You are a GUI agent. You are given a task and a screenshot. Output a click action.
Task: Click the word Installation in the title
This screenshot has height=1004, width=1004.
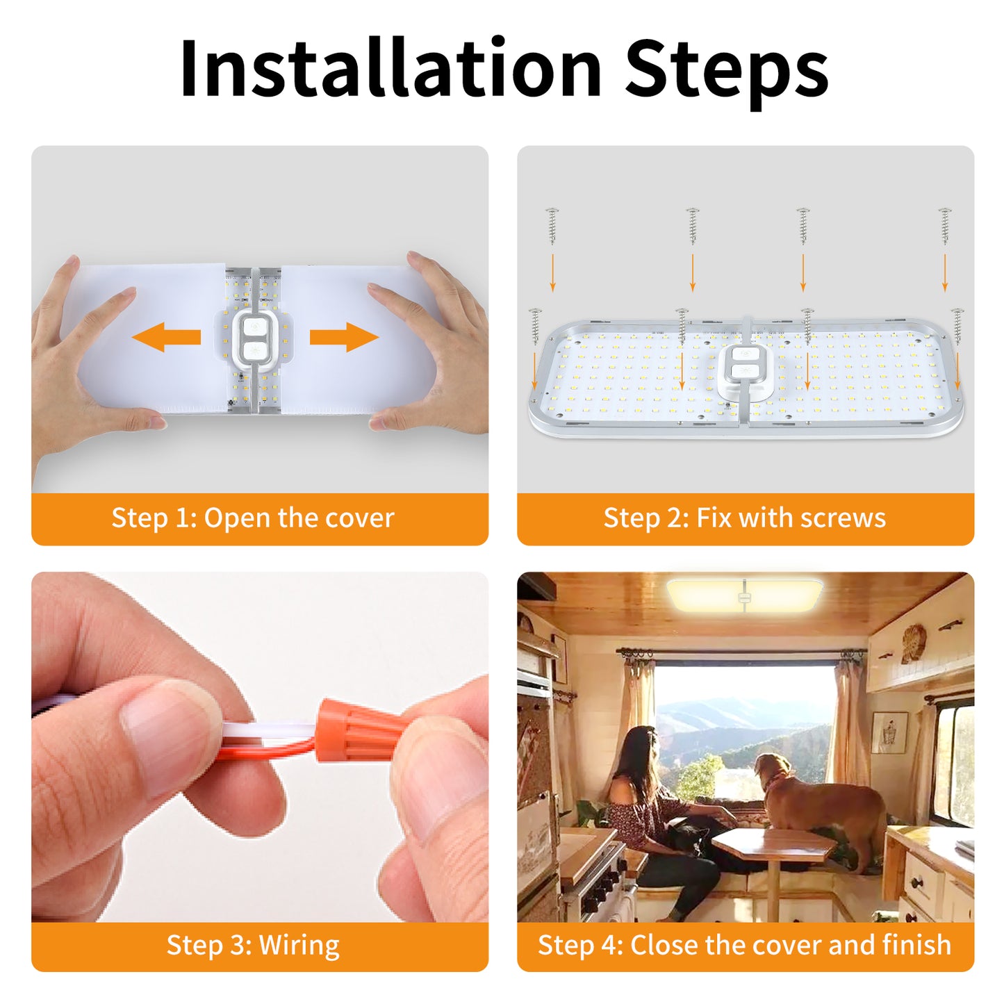(390, 67)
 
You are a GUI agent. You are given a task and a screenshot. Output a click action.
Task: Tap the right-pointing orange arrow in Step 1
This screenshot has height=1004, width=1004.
(345, 337)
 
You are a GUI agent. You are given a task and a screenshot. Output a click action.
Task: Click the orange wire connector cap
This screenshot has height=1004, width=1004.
(359, 729)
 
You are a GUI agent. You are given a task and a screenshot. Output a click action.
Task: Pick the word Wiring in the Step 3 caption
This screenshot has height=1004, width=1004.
(299, 945)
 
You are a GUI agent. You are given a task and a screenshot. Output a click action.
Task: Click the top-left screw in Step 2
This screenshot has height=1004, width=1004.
(552, 226)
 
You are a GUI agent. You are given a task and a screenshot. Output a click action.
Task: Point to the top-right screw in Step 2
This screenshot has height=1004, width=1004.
(945, 226)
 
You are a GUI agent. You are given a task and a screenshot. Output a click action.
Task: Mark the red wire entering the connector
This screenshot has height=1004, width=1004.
(271, 751)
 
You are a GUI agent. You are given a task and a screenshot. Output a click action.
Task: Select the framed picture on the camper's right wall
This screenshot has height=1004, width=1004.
(889, 733)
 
